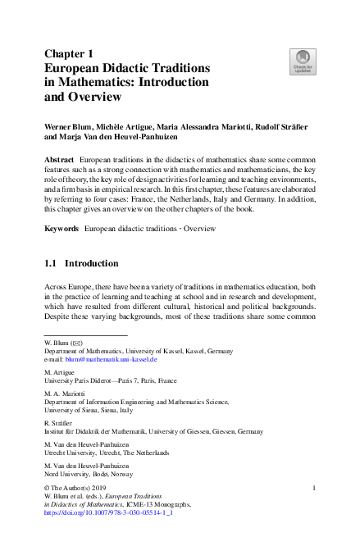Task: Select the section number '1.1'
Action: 51,265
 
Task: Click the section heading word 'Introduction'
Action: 91,265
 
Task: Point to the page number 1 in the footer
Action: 315,488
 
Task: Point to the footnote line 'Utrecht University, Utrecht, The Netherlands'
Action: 107,453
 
